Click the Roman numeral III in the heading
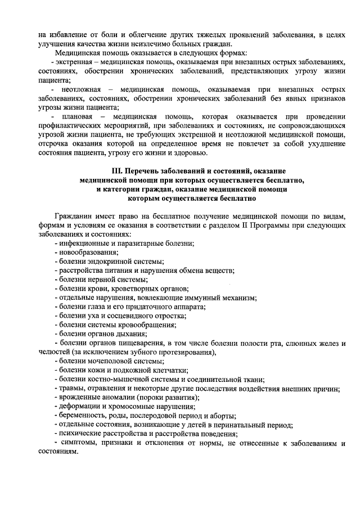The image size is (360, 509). (x=116, y=170)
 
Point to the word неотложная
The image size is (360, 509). (x=78, y=90)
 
